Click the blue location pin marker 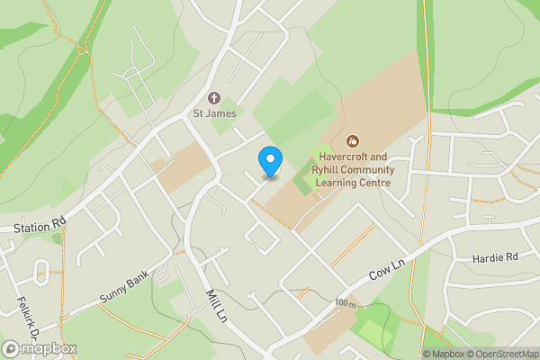point(269,161)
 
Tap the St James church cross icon point(214,97)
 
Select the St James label point(214,113)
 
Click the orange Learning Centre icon point(353,140)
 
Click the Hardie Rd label point(494,257)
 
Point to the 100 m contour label point(344,303)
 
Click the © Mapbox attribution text point(445,354)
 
